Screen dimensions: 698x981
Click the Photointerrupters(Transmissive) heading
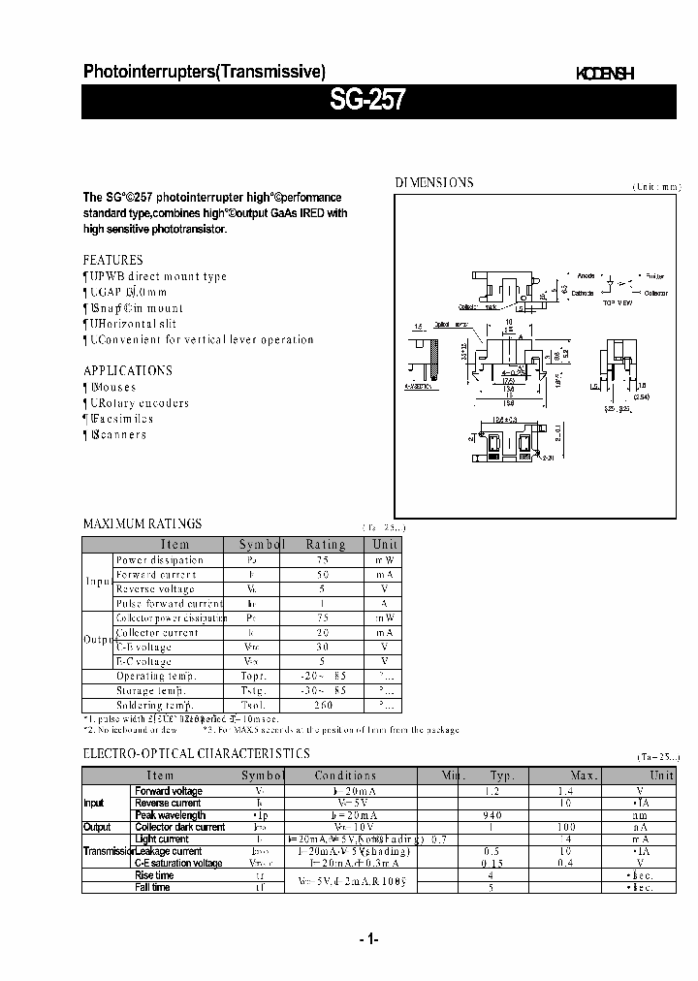pos(205,71)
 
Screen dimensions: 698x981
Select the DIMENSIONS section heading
pos(433,182)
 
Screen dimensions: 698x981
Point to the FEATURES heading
pos(112,260)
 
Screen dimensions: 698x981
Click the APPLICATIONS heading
pos(128,370)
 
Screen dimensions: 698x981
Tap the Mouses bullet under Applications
pos(112,387)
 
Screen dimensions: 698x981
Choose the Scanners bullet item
pos(117,434)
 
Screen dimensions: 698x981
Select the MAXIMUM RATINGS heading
pos(143,523)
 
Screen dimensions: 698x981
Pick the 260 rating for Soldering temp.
pos(325,705)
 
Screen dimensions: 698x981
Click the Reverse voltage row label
pos(155,588)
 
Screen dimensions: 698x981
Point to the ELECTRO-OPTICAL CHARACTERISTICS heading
pos(197,753)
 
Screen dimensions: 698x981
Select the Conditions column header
pos(345,775)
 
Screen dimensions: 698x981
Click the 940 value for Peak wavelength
pos(500,815)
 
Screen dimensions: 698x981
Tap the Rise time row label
pos(154,875)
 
